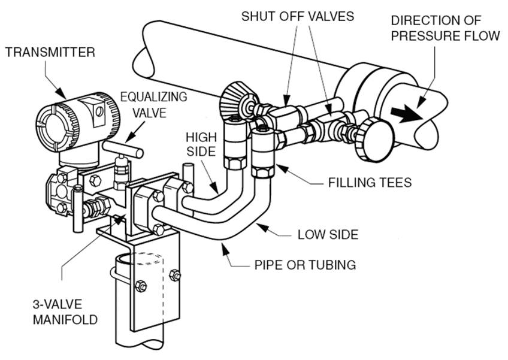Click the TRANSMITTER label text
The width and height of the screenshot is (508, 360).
[x=50, y=52]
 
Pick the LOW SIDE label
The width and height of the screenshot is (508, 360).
[x=328, y=234]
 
